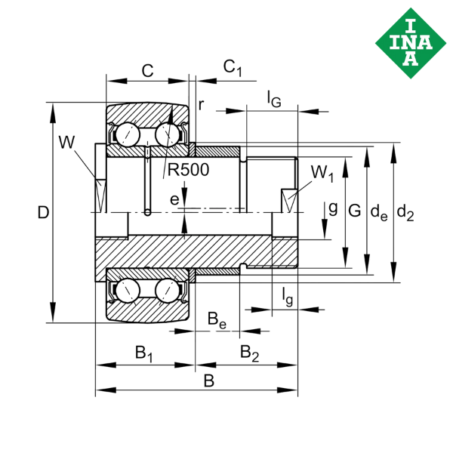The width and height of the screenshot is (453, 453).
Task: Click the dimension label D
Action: [43, 214]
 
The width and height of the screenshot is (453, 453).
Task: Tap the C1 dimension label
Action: [233, 69]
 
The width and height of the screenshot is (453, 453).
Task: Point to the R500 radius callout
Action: [186, 171]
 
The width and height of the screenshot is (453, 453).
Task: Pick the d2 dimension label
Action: [405, 214]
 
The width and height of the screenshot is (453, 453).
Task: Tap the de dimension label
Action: [379, 213]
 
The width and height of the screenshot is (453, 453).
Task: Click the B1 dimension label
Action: [143, 352]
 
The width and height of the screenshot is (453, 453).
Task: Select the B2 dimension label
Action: [250, 352]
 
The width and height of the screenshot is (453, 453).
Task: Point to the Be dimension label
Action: [217, 320]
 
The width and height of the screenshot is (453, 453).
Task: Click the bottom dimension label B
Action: [209, 381]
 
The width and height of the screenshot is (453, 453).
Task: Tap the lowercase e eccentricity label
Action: [174, 199]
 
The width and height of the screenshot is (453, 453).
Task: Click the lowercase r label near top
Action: [201, 105]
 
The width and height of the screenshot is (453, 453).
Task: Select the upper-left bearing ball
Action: [124, 136]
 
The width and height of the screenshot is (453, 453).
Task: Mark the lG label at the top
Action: [274, 97]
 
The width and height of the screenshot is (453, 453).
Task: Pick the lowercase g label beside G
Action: [332, 206]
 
